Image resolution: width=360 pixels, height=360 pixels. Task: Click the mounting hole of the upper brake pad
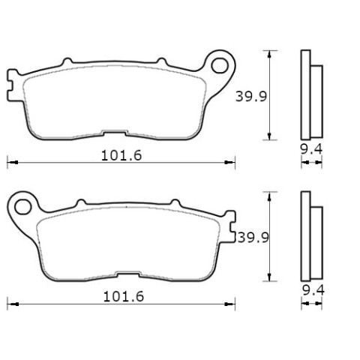pyautogui.click(x=220, y=65)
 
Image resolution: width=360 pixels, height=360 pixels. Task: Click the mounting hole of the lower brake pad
pyautogui.click(x=22, y=207)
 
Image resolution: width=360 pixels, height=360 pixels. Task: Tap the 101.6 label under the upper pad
pyautogui.click(x=121, y=155)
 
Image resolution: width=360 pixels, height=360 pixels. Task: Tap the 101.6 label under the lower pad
pyautogui.click(x=124, y=297)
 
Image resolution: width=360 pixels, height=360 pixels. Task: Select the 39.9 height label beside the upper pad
pyautogui.click(x=251, y=97)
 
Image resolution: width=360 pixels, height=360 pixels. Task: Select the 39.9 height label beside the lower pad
pyautogui.click(x=253, y=238)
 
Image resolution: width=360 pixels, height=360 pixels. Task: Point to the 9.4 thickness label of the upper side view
pyautogui.click(x=311, y=149)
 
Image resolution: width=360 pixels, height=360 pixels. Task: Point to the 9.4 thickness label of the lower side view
pyautogui.click(x=313, y=290)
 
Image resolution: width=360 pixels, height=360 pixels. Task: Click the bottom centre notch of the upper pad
pyautogui.click(x=114, y=133)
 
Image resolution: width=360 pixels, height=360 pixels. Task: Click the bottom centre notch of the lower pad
pyautogui.click(x=128, y=274)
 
